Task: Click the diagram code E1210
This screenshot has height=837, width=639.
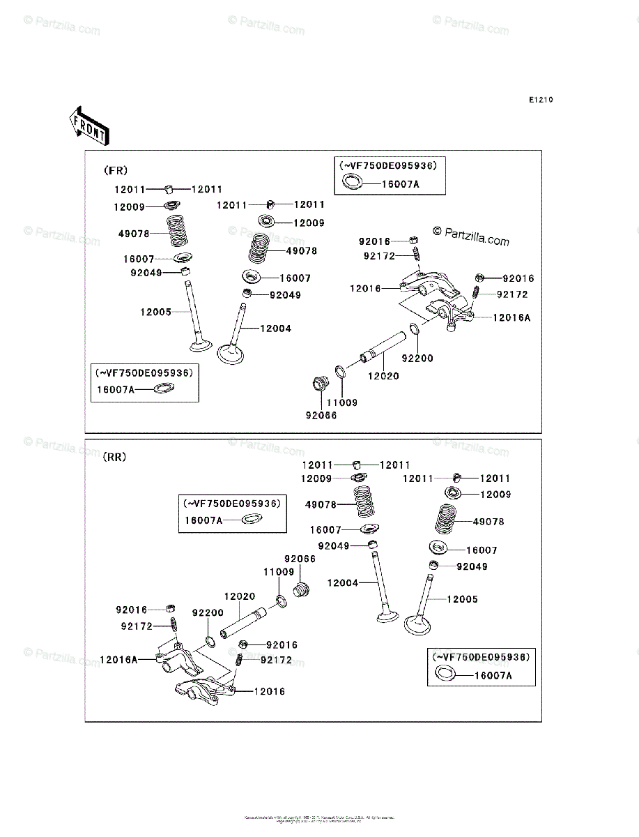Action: tap(540, 100)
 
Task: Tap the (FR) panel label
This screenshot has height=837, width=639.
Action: tap(116, 170)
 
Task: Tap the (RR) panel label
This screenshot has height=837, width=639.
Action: tap(114, 458)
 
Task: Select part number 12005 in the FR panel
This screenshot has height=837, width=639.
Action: tap(155, 312)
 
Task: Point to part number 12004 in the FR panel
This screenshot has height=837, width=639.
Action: tap(276, 329)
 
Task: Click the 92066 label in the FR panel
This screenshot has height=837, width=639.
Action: tap(321, 416)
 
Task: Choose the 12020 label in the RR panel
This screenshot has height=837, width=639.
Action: tap(239, 597)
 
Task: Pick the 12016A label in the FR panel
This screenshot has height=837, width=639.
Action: tap(512, 317)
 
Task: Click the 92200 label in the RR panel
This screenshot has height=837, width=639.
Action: tap(208, 612)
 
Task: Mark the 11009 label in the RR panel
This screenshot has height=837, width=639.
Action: tap(278, 572)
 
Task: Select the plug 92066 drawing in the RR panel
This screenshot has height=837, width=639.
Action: tap(301, 589)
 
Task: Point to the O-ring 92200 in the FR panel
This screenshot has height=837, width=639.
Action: tap(414, 329)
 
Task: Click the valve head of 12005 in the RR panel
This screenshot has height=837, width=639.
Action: tap(417, 624)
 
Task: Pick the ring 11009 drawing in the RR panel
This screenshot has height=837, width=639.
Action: tap(281, 601)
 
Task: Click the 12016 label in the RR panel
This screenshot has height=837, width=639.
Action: tap(270, 692)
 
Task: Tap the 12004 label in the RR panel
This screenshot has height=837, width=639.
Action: tap(342, 582)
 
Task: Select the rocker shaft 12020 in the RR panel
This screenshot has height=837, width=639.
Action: tap(241, 624)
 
